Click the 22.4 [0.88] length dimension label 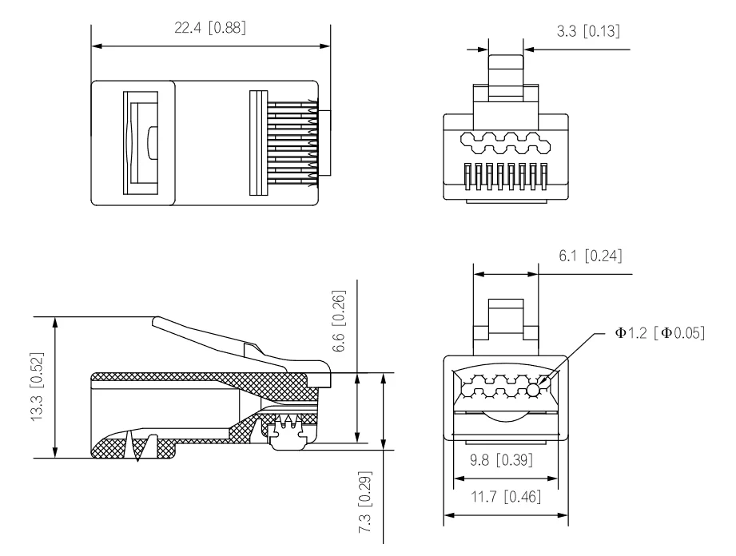point(210,29)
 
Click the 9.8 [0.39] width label point(506,461)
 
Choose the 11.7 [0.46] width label point(506,498)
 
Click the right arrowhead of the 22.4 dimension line point(326,46)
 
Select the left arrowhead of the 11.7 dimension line point(448,515)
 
